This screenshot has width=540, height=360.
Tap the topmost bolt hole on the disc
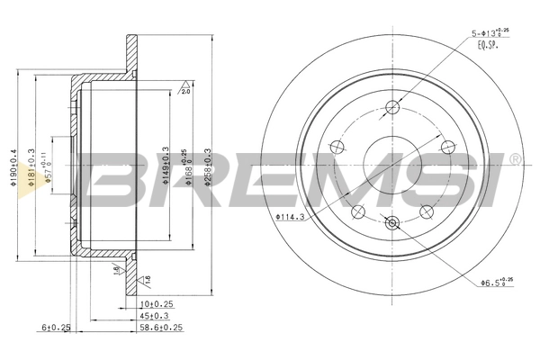coord(391,109)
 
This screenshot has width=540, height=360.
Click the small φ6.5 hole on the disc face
coord(391,223)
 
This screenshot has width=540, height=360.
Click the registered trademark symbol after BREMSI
coord(514,160)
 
